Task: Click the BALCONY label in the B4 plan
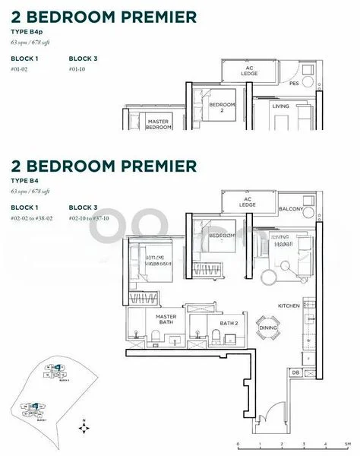[291, 209]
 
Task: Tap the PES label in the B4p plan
[293, 84]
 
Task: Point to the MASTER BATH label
[166, 320]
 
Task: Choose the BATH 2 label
[229, 323]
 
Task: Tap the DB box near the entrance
[296, 372]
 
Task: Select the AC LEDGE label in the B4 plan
[248, 201]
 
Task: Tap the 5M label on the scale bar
[347, 442]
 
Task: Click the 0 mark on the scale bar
[238, 442]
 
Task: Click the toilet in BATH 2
[197, 333]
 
